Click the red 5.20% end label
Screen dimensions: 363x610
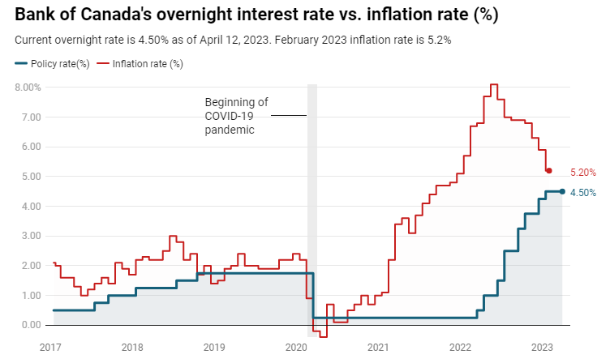583,172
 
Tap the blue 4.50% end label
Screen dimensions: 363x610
583,193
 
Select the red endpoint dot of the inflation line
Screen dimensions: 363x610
549,170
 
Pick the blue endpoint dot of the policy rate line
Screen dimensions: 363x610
562,191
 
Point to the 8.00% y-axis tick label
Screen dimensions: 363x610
26,88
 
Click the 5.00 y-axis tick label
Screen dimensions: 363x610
30,177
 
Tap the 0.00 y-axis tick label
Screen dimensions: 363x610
30,325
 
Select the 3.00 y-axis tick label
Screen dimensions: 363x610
30,236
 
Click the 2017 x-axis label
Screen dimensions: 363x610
50,348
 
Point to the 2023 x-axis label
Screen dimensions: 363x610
543,348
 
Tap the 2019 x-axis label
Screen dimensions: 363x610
214,348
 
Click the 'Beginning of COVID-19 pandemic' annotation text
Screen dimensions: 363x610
235,116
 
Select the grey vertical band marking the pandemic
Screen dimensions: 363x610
312,203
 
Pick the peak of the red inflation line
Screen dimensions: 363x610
493,84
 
